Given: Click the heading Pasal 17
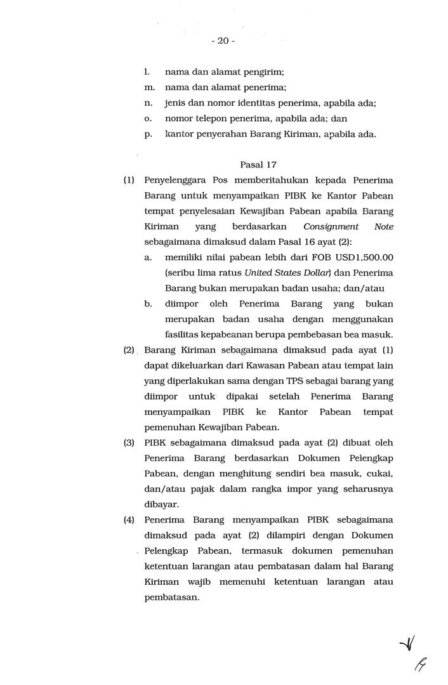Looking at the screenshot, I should point(258,164).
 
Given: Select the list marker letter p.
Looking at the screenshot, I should point(148,134).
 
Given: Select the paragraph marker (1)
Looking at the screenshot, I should point(129,180).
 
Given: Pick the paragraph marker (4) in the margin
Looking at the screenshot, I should point(129,520).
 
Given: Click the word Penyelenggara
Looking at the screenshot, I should point(175,180).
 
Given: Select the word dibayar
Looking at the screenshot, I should point(161,505).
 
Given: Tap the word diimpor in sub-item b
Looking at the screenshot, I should point(180,304).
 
